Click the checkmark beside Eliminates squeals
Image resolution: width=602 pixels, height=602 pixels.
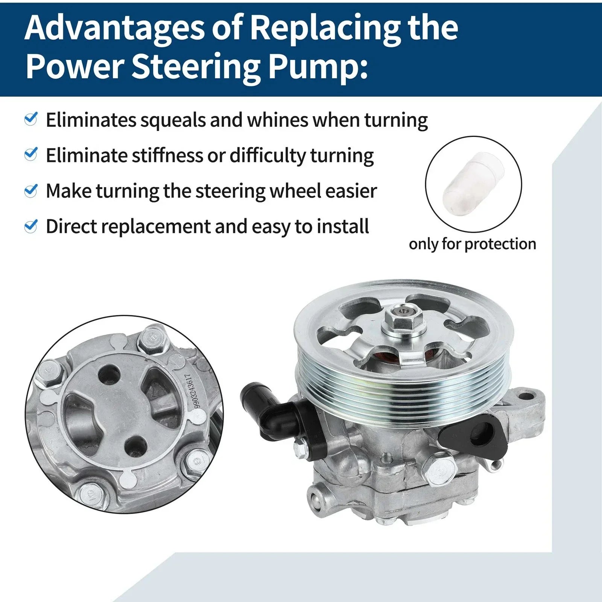[x=30, y=119]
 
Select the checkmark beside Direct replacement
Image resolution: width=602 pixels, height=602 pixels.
[x=30, y=226]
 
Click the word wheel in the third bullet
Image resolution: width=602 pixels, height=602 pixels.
[x=295, y=191]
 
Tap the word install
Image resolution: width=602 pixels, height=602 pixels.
[x=343, y=226]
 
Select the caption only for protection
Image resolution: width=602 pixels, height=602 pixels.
[x=473, y=244]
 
